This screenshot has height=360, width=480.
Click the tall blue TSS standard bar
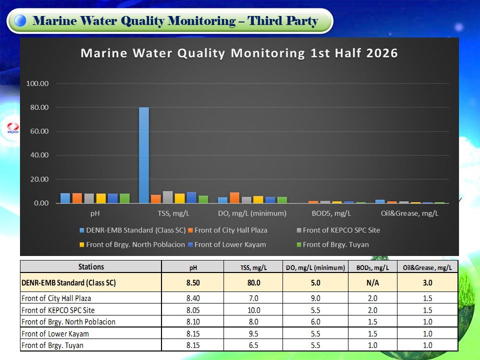tap(144, 155)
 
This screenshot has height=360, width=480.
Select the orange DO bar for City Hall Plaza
tap(234, 198)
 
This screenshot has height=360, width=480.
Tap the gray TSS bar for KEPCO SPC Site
tap(168, 197)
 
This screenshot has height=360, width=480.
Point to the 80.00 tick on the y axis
tap(39, 107)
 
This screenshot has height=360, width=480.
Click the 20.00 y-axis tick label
tap(39, 179)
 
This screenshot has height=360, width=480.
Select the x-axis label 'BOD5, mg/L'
tap(331, 213)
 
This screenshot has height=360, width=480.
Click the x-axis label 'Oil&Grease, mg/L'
tap(409, 213)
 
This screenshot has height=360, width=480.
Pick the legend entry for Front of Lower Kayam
tap(227, 244)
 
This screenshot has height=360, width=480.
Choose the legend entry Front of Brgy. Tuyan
tap(333, 244)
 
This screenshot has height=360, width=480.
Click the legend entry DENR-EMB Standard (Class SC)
tap(132, 230)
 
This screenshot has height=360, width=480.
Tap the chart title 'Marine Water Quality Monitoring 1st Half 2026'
tap(239, 53)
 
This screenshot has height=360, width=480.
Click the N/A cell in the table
tap(372, 282)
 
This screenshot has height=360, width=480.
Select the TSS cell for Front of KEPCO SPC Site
tap(254, 310)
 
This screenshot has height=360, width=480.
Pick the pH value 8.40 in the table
tap(193, 298)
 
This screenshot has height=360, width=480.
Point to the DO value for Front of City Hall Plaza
tap(315, 298)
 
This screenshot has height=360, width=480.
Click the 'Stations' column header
tap(91, 266)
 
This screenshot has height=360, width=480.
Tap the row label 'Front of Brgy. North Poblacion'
tap(68, 321)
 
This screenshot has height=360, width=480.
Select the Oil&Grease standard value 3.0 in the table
tap(427, 282)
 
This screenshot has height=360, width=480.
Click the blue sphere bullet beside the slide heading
tap(20, 20)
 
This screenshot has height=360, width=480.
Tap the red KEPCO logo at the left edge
tap(13, 128)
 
